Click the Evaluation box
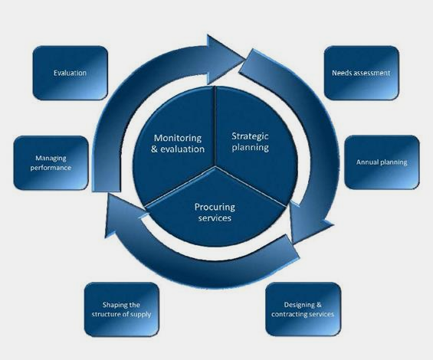click(71, 73)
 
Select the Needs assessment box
click(361, 73)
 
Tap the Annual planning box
click(382, 162)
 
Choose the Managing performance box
click(51, 163)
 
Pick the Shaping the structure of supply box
click(122, 309)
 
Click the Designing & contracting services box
click(303, 309)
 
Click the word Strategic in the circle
click(250, 136)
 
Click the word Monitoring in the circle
click(178, 138)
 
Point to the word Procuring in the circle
click(215, 207)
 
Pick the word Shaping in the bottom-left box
click(113, 305)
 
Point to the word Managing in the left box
click(51, 159)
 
